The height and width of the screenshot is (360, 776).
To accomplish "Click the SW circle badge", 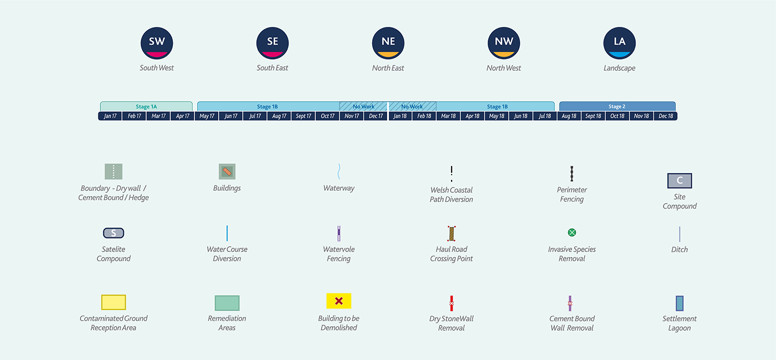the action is coord(157,43).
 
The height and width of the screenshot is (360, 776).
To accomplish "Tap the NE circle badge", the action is coord(388,43).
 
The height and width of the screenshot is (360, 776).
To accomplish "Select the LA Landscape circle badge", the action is coord(619,43).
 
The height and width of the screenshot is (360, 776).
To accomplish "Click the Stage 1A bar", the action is coord(146,106).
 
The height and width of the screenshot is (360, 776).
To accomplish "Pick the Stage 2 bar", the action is coord(618,106).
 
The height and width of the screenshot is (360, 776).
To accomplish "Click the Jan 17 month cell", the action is coord(110,116).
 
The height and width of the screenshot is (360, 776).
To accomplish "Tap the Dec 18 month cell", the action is coord(665,116).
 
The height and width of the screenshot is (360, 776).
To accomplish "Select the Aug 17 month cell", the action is coord(279,116).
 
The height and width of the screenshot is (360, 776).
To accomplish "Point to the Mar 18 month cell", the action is coord(448,116).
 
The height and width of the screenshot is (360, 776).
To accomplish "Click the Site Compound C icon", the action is coord(679,181).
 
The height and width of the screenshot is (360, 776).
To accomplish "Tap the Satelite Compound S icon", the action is coord(113,233).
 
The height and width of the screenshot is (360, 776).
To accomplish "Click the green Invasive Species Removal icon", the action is coord(572,233).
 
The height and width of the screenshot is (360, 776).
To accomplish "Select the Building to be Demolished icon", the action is coord(339,301).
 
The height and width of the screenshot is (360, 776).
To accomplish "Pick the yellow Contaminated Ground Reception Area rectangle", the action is coord(113,302).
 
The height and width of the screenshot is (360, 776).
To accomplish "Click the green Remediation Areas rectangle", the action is coord(227,303).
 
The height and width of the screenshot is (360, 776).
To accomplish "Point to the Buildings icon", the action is coord(227,171).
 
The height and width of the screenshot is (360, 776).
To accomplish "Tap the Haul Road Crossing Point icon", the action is coord(452,234).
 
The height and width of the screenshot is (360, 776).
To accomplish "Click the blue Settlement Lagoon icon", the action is coord(680,303).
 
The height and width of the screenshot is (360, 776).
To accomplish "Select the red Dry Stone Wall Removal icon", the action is coord(452,303).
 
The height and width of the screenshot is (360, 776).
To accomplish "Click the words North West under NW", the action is coord(503,68).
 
